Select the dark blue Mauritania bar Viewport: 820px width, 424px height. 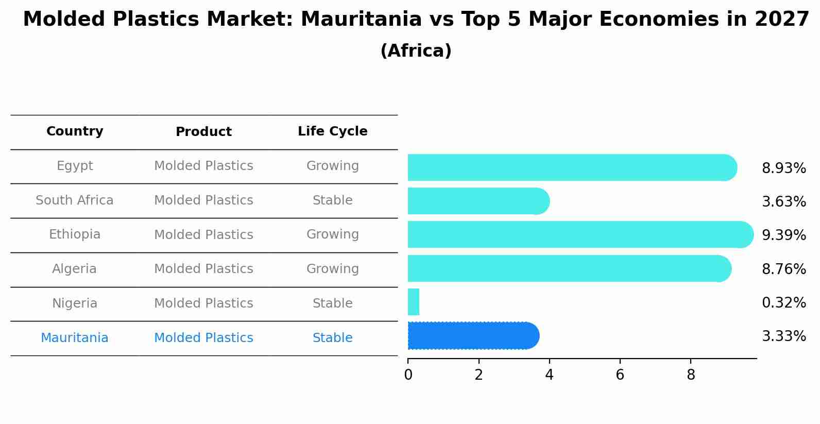[x=473, y=336]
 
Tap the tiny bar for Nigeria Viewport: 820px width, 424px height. [x=413, y=302]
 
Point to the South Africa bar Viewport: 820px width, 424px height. [x=478, y=201]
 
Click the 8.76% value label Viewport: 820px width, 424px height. [x=783, y=269]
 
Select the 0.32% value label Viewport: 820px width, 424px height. [x=783, y=302]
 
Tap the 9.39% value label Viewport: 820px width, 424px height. [x=783, y=235]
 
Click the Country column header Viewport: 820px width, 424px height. [x=75, y=131]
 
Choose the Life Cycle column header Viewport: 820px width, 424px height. [x=332, y=131]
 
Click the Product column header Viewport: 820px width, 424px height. [x=203, y=132]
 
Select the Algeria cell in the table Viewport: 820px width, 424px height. [x=75, y=269]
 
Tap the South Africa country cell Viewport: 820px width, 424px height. [x=75, y=200]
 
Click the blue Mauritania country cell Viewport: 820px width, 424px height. [x=75, y=338]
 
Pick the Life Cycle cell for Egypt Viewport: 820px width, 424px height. [x=332, y=166]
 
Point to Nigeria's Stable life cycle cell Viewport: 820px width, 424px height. [x=332, y=303]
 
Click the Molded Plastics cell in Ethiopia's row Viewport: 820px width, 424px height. [x=203, y=235]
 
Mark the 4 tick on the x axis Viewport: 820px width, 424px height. [x=549, y=375]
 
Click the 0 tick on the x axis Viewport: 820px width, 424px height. [x=408, y=375]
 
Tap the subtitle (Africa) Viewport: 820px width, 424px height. [x=416, y=51]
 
